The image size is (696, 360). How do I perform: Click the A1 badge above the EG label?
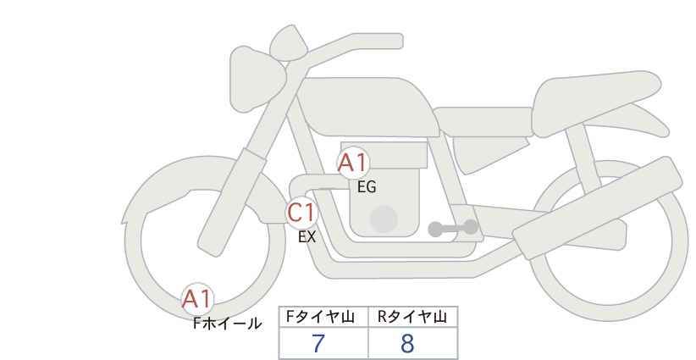pyautogui.click(x=353, y=163)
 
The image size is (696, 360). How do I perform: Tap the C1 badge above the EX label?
pyautogui.click(x=301, y=213)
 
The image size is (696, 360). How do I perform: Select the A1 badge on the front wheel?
pyautogui.click(x=198, y=299)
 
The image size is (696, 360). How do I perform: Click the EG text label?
pyautogui.click(x=367, y=187)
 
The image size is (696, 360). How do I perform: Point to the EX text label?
pyautogui.click(x=307, y=237)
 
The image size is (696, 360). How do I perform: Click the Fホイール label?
pyautogui.click(x=227, y=324)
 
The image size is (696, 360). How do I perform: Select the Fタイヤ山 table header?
pyautogui.click(x=320, y=317)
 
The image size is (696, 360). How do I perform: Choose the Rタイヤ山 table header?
pyautogui.click(x=412, y=317)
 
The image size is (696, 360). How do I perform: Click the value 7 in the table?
pyautogui.click(x=318, y=343)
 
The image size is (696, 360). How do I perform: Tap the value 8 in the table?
pyautogui.click(x=407, y=343)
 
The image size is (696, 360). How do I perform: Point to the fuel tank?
pyautogui.click(x=368, y=107)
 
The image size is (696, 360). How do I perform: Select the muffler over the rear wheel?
pyautogui.click(x=598, y=208)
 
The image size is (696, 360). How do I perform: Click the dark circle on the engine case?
pyautogui.click(x=384, y=219)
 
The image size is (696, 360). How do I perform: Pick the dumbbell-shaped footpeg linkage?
pyautogui.click(x=453, y=228)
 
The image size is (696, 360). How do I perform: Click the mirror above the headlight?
pyautogui.click(x=289, y=43)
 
